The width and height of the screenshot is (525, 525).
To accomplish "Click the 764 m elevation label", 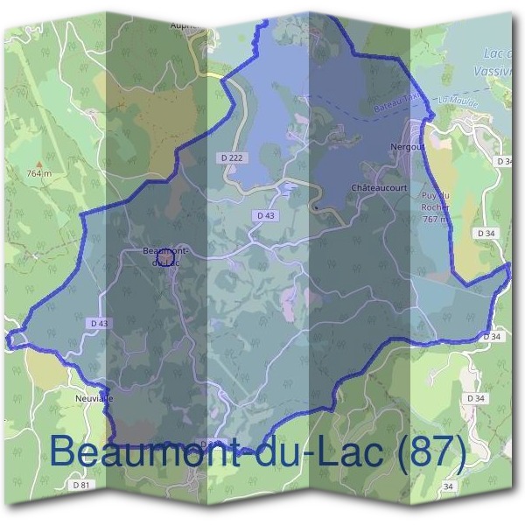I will coord(39,173).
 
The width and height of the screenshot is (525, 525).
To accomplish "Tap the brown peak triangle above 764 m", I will coord(39,164).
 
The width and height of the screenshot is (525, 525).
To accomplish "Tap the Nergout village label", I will coord(409,147).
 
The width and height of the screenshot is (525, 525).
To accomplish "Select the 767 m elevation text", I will coord(435,220).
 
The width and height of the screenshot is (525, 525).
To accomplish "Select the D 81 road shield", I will coord(81,484).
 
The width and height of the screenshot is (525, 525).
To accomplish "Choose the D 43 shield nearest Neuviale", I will coord(99,323).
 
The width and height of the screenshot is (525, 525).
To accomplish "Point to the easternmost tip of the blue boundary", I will coord(508,273).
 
